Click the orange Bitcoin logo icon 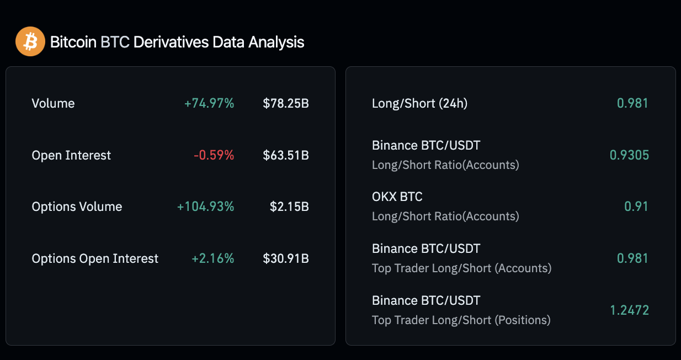[x=30, y=42]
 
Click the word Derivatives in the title [x=170, y=42]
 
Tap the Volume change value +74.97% [x=209, y=103]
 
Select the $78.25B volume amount [x=286, y=103]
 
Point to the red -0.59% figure [x=214, y=155]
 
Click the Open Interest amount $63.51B [x=286, y=155]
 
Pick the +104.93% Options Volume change [x=206, y=207]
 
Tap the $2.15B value [x=289, y=207]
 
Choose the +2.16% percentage [x=213, y=258]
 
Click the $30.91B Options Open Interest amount [x=286, y=258]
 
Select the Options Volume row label [x=77, y=207]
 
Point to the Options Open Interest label [x=95, y=258]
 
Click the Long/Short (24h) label [x=419, y=103]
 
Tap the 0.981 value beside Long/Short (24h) [x=632, y=103]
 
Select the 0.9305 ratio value [x=629, y=155]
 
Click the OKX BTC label [x=397, y=197]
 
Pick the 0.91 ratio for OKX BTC [x=636, y=207]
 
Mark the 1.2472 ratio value [x=629, y=310]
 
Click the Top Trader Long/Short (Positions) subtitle [x=461, y=320]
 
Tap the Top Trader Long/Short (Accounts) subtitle [x=461, y=268]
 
